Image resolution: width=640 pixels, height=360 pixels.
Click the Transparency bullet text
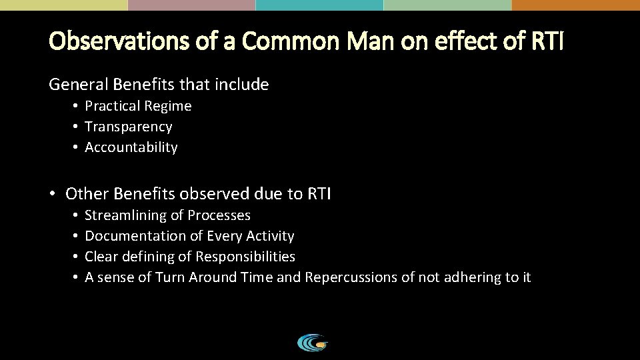129,127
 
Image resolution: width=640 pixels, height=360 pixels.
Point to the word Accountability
131,147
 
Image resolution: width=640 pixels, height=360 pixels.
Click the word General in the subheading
75,85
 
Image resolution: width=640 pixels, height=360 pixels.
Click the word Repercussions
351,277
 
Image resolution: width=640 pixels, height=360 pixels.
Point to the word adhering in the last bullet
474,277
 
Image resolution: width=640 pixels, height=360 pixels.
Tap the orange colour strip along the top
575,5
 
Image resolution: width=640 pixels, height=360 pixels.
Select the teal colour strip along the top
319,5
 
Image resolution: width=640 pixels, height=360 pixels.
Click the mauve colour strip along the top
191,5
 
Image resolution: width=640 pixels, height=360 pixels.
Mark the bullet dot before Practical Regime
77,107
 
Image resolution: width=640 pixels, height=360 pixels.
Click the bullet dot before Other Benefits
53,195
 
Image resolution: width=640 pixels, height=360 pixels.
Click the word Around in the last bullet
213,277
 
